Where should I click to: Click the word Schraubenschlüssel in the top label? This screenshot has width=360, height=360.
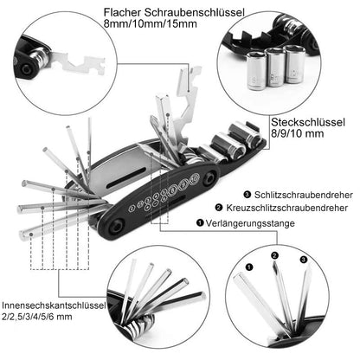[195, 13]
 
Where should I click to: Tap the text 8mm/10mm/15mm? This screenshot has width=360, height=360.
[151, 23]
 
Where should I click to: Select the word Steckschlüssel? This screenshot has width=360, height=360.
[308, 122]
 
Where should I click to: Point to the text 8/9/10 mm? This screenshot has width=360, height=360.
[298, 133]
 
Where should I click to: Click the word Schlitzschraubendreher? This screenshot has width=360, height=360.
[304, 195]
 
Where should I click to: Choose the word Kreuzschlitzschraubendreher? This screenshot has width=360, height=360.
[287, 208]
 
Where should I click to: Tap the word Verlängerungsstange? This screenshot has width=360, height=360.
[250, 223]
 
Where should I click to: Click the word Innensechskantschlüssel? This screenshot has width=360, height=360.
[54, 305]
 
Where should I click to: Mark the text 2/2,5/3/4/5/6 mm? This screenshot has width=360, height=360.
[37, 317]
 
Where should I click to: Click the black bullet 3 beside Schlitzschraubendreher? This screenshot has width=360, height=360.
[247, 195]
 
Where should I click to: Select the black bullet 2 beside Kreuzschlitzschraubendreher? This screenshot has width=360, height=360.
[219, 208]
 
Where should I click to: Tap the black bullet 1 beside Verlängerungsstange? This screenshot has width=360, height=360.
[200, 223]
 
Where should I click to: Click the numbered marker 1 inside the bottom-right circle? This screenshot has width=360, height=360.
[249, 267]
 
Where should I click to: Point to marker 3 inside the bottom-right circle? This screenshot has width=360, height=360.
[304, 260]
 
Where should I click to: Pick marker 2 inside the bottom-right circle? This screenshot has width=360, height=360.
[274, 255]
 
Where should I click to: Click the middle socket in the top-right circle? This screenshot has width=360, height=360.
[275, 67]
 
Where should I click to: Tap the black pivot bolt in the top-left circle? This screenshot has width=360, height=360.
[27, 69]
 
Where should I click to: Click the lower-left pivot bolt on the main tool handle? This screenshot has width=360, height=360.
[117, 227]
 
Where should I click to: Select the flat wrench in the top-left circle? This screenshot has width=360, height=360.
[79, 64]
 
